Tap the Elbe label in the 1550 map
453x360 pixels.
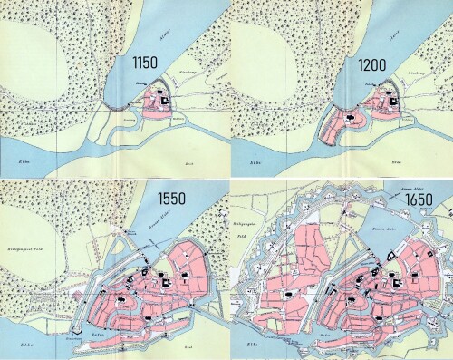18,346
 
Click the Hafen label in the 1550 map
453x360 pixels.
97,332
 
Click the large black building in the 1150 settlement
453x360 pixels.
165,101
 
